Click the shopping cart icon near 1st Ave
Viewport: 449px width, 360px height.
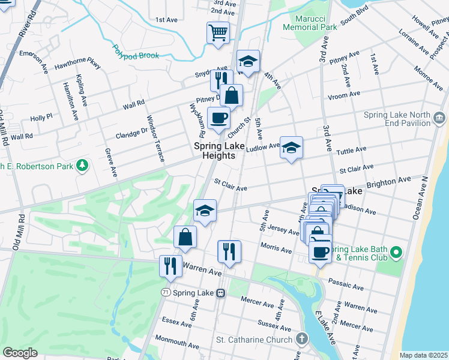tap(218, 32)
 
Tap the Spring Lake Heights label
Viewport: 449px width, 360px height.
tap(214, 151)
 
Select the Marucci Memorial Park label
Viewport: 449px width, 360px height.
tap(310, 22)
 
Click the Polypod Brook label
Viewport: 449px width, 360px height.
tap(136, 52)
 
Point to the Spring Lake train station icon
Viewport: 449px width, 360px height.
tap(221, 293)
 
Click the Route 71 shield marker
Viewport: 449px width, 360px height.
tap(165, 292)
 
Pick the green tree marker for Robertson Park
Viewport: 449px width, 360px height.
tap(82, 165)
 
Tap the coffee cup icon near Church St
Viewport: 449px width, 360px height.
tap(218, 118)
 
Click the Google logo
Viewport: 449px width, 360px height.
tap(20, 353)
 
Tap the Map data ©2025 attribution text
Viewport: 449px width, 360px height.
tap(423, 355)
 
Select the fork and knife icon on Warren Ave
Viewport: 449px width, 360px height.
tap(170, 266)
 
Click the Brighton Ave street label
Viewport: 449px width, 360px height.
tap(388, 179)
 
